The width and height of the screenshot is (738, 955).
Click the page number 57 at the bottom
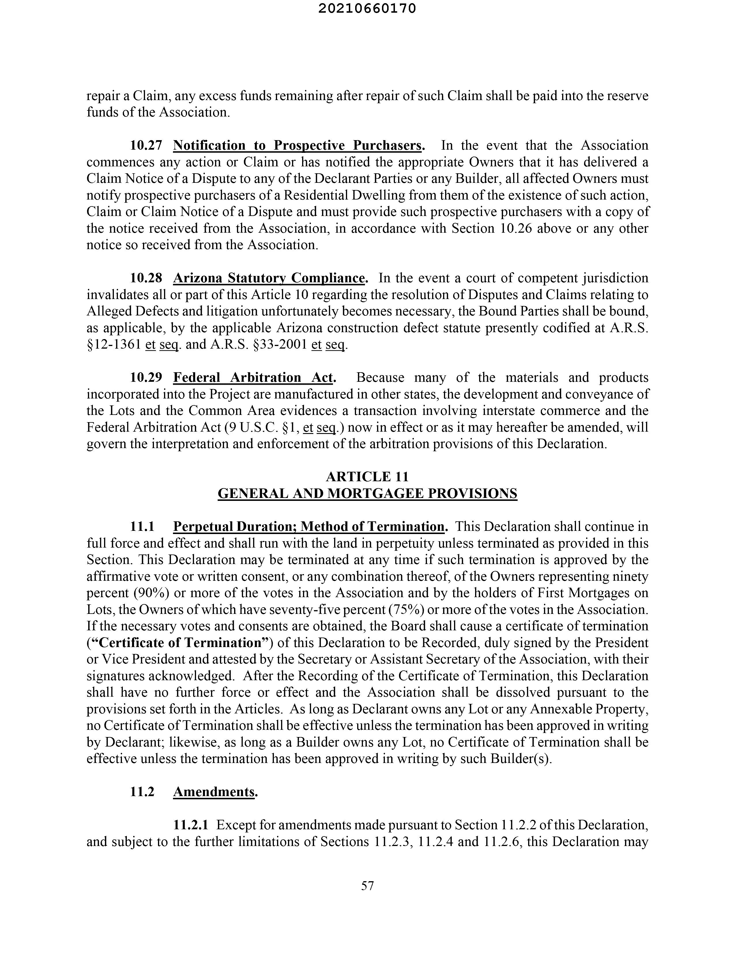[x=368, y=886]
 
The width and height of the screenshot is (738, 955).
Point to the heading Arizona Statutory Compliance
[x=269, y=278]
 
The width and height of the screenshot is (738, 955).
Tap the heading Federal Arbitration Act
[x=254, y=377]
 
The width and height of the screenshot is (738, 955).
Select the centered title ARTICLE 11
[x=367, y=477]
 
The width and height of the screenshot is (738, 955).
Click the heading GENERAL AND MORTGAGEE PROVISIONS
[x=367, y=494]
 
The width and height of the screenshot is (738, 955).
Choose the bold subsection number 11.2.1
[x=191, y=825]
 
